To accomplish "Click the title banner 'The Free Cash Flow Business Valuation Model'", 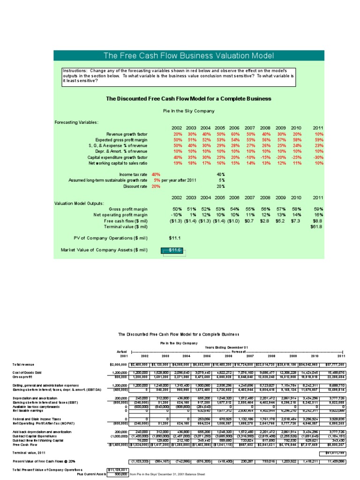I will (x=188, y=56).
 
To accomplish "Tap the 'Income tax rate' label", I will (x=133, y=174).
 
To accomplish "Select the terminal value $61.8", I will (x=317, y=226).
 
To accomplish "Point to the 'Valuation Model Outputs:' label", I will (x=79, y=203).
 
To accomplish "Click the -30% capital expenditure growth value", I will (x=318, y=157).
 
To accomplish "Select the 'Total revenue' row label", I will (x=23, y=364).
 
